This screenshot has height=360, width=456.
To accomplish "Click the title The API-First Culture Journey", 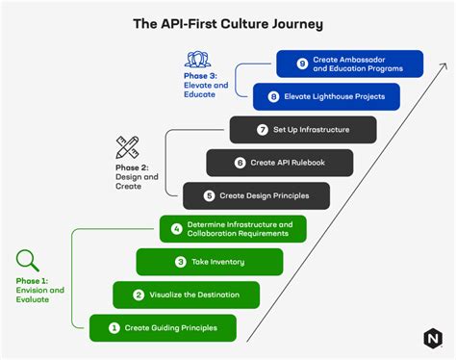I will tap(227, 22).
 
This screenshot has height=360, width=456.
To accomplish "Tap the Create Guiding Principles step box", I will tap(163, 328).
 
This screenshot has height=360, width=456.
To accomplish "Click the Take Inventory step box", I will tap(210, 262).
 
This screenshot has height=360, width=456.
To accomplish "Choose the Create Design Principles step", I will tap(257, 195).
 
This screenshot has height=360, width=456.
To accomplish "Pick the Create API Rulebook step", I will tap(280, 163).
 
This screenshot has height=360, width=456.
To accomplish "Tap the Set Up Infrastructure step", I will tap(303, 130).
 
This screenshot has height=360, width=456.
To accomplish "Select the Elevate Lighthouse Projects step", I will tap(326, 96).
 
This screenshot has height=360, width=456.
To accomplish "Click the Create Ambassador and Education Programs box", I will tap(349, 64).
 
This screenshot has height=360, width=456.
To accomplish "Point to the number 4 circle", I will tap(177, 229).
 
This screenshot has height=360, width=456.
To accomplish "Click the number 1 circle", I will tap(114, 328).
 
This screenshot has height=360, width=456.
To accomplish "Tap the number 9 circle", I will tap(301, 64).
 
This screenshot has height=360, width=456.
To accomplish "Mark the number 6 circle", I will tap(241, 163).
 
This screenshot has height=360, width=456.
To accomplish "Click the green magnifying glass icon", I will tap(27, 261).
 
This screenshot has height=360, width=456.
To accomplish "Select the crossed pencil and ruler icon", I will tap(128, 147).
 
